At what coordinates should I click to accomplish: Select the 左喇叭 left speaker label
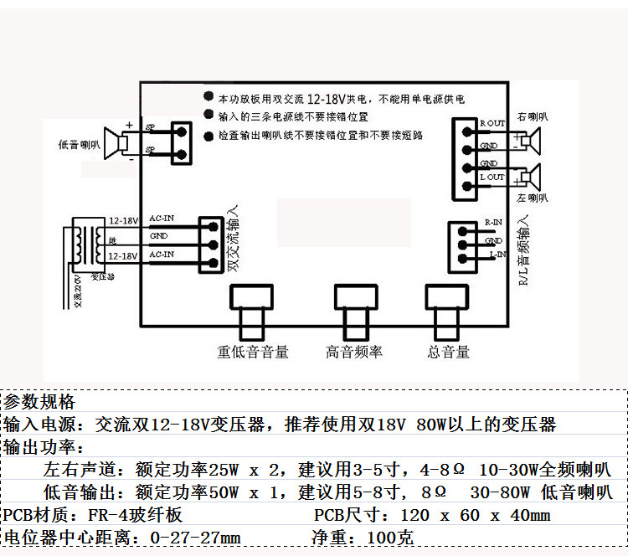point(533,198)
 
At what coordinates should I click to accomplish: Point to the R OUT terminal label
point(492,123)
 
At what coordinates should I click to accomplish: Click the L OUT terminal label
point(492,177)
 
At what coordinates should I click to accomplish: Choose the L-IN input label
point(496,253)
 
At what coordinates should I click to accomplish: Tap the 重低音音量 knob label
point(252,353)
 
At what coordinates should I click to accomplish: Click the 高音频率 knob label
point(354,353)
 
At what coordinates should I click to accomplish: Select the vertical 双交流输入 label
point(234,239)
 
